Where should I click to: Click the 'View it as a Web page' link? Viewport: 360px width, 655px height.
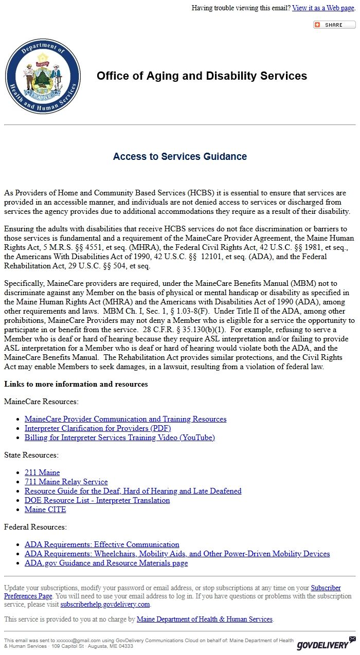pyautogui.click(x=323, y=8)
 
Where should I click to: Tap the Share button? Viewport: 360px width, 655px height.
pyautogui.click(x=334, y=25)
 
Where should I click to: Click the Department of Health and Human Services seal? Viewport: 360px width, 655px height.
pyautogui.click(x=43, y=76)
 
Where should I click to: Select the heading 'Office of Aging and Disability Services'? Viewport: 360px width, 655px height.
pyautogui.click(x=202, y=76)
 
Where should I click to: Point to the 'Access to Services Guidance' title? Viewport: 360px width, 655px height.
pyautogui.click(x=180, y=156)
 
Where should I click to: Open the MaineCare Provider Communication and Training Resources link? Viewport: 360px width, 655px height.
pyautogui.click(x=125, y=419)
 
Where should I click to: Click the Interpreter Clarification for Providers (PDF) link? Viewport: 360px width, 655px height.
pyautogui.click(x=98, y=428)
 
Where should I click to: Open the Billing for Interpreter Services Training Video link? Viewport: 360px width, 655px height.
pyautogui.click(x=120, y=438)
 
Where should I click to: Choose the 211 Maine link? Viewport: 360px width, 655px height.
pyautogui.click(x=42, y=472)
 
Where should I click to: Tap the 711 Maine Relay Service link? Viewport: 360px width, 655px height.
pyautogui.click(x=66, y=482)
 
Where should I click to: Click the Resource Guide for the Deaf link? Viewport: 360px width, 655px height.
pyautogui.click(x=133, y=491)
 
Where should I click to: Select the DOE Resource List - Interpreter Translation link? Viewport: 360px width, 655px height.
pyautogui.click(x=97, y=500)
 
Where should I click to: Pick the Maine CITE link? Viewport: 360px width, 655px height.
pyautogui.click(x=45, y=510)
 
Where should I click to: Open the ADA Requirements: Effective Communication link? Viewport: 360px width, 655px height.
pyautogui.click(x=102, y=544)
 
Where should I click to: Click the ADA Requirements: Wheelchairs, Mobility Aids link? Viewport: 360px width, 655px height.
pyautogui.click(x=177, y=554)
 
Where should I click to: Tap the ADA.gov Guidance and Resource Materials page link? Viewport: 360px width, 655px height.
pyautogui.click(x=106, y=563)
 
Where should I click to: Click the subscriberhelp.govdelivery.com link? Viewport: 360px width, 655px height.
pyautogui.click(x=105, y=605)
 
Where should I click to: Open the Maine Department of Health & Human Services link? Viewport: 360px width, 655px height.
pyautogui.click(x=204, y=620)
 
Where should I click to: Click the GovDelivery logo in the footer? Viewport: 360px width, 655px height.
pyautogui.click(x=326, y=643)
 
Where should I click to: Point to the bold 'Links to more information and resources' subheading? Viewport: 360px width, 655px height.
pyautogui.click(x=76, y=384)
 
